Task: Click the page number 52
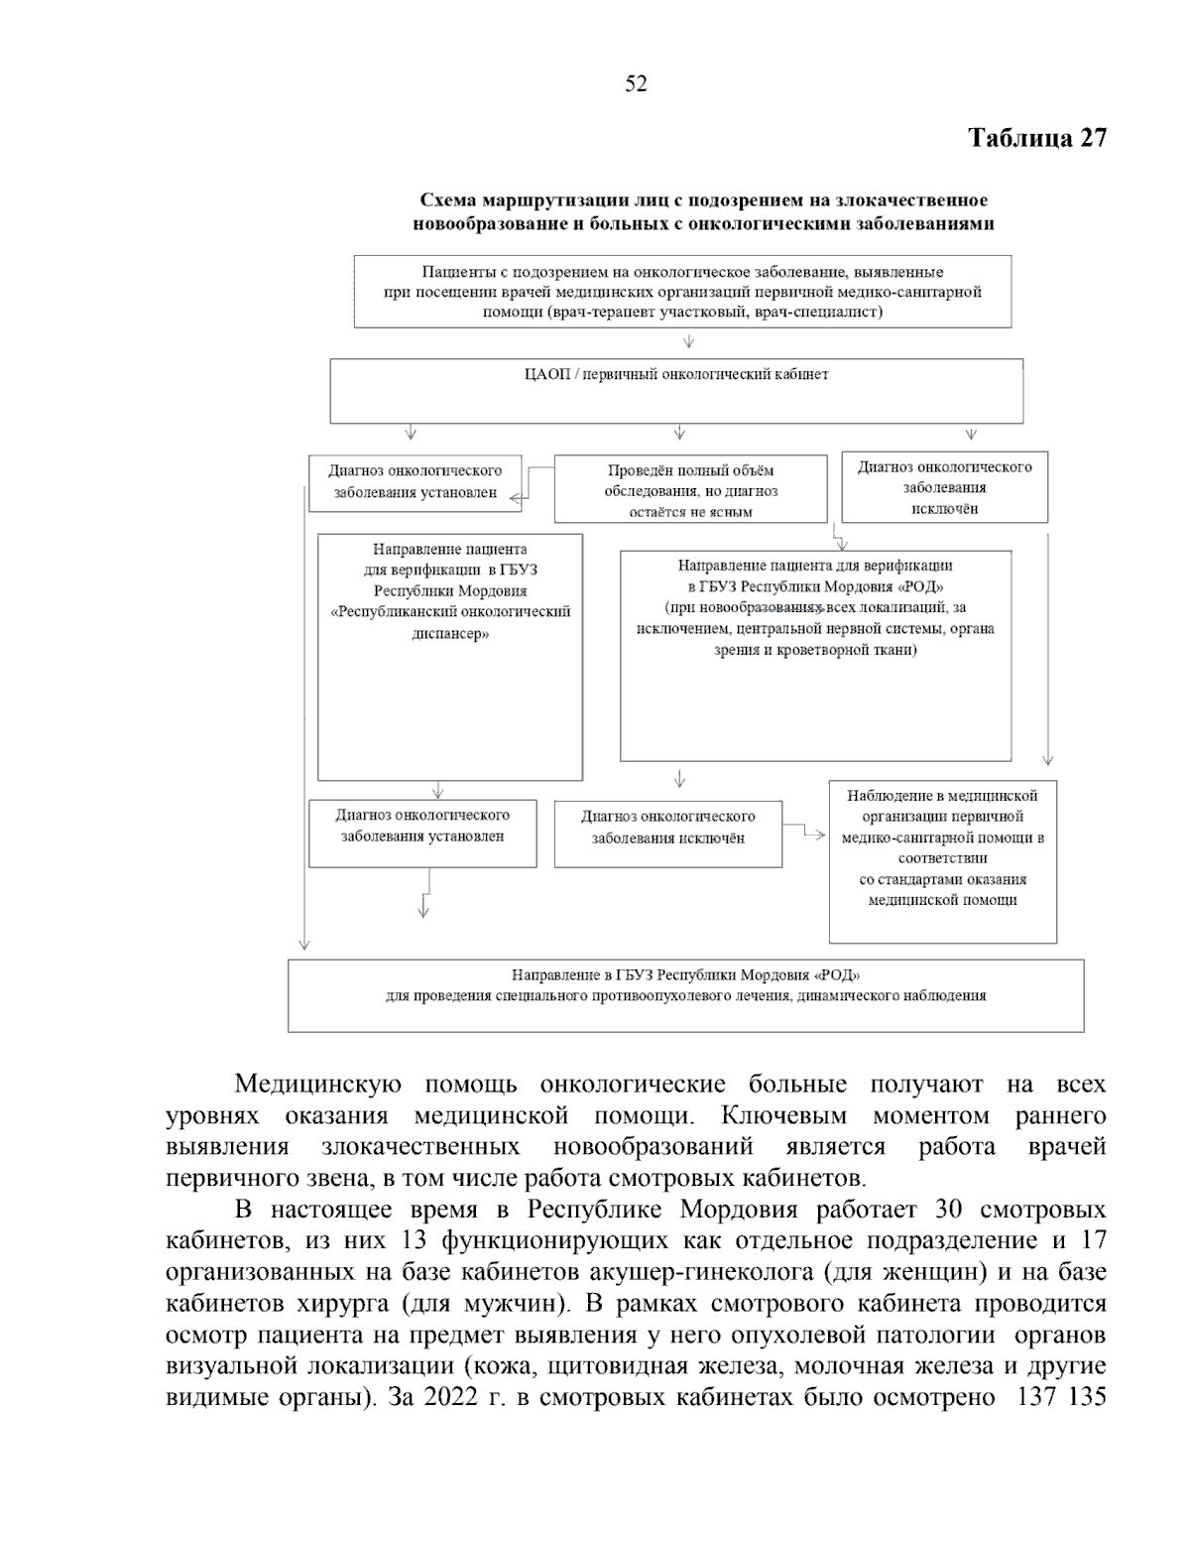[636, 84]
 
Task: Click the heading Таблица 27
[1036, 138]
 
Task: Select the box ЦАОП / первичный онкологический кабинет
[675, 390]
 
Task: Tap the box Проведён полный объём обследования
[690, 490]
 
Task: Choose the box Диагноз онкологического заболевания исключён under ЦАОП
[944, 487]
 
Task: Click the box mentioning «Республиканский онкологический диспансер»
[449, 656]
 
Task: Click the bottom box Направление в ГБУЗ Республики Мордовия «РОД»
[685, 994]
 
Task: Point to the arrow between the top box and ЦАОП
[688, 342]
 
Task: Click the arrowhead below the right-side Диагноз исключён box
[1048, 759]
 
